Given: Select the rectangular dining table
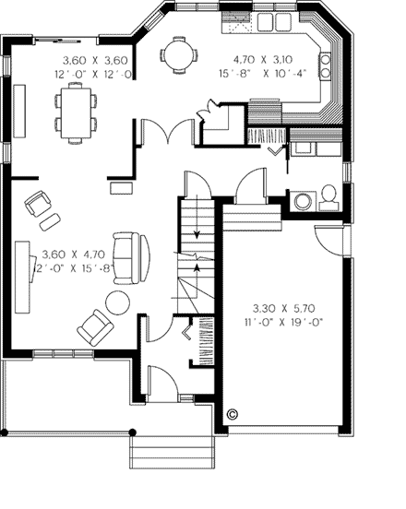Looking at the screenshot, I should coord(76,108).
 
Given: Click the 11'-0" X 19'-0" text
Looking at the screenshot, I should coord(287,324).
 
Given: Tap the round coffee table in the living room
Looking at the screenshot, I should coord(118,302).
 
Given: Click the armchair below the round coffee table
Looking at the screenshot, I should coord(95,326).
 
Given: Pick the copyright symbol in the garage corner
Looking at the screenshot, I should coord(232,414).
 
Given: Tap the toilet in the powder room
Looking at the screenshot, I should coord(328,195).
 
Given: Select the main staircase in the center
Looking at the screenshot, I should coord(195,254).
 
